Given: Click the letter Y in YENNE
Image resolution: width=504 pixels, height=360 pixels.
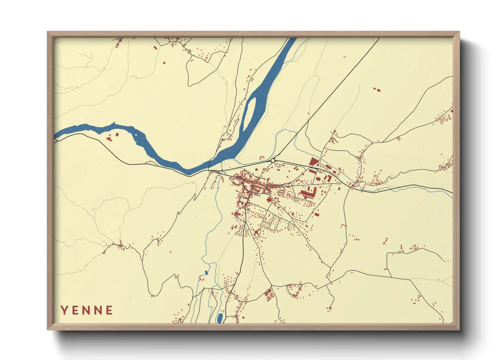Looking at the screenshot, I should pyautogui.click(x=64, y=310).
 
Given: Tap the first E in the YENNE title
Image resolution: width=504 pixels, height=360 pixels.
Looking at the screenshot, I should pyautogui.click(x=76, y=310).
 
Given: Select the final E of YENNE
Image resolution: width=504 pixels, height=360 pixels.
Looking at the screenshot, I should pyautogui.click(x=109, y=310).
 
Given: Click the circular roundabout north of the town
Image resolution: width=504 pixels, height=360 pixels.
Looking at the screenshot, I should pyautogui.click(x=273, y=160).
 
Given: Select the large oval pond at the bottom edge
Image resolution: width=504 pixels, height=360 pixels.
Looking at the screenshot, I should pyautogui.click(x=220, y=318).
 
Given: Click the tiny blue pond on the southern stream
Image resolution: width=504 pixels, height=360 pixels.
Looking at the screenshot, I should pyautogui.click(x=206, y=272).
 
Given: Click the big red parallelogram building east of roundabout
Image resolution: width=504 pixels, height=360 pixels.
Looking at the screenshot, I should pyautogui.click(x=313, y=161).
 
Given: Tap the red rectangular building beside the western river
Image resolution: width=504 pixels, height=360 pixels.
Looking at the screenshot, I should pyautogui.click(x=117, y=134).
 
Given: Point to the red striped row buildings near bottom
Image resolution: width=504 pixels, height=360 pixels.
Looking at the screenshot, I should pyautogui.click(x=269, y=294).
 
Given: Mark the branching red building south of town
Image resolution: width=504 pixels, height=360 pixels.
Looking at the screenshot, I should pyautogui.click(x=256, y=232).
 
